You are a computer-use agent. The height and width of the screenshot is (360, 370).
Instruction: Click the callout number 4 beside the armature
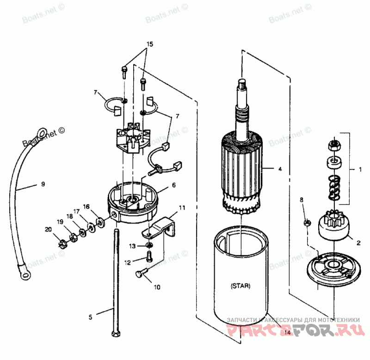(x=279, y=169)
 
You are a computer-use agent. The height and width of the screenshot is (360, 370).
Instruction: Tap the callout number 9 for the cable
(x=43, y=185)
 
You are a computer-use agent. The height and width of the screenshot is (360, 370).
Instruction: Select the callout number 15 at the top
(x=149, y=45)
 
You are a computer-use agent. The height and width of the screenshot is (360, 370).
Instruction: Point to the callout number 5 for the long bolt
(x=91, y=317)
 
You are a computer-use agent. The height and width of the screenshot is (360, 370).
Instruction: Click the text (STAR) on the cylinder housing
(x=240, y=286)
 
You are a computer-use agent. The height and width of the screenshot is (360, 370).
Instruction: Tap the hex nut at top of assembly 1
(x=333, y=145)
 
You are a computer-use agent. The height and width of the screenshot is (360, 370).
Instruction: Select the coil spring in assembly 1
(x=334, y=187)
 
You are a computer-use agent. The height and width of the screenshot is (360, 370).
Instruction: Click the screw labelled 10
(x=141, y=275)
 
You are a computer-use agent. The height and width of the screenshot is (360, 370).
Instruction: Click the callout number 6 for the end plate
(x=173, y=185)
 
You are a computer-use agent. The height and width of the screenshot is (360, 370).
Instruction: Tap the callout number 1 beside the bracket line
(x=359, y=169)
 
